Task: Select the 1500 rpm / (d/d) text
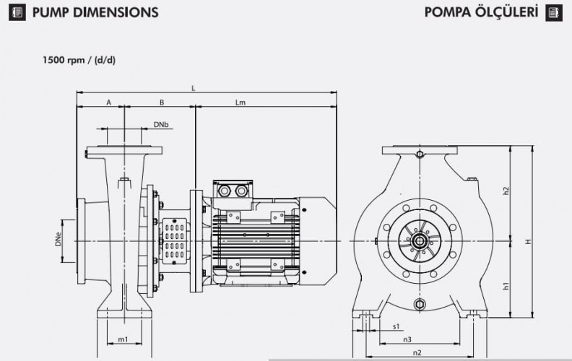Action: (79, 60)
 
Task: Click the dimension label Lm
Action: (240, 103)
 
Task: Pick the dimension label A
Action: (108, 103)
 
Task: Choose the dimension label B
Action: (162, 103)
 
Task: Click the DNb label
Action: (160, 125)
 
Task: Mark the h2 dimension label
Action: (506, 191)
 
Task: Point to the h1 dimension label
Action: (506, 286)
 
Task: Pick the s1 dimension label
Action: (396, 326)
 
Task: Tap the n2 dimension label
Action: (417, 352)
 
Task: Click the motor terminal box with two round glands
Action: (231, 190)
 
